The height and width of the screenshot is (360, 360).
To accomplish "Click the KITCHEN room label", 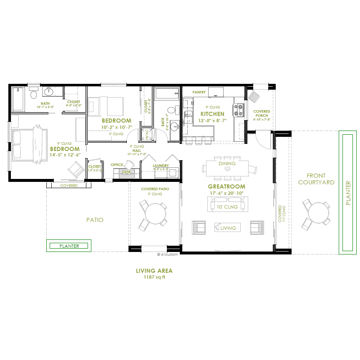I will (x=212, y=114).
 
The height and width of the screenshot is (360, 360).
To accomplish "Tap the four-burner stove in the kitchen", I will (x=239, y=109).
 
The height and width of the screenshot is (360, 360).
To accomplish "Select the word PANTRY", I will (x=199, y=92).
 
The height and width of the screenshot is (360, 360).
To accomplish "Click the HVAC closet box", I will (x=146, y=135).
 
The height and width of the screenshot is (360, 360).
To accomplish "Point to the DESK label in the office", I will (x=126, y=172).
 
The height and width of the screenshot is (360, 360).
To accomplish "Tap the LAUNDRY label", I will (x=161, y=166).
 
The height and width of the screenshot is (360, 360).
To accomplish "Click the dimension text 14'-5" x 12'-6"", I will (x=65, y=155).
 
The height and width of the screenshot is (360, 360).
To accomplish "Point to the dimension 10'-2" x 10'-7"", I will (x=116, y=127).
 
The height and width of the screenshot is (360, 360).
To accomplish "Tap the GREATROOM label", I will (x=227, y=186).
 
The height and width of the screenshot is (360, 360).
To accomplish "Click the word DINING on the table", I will (x=227, y=164).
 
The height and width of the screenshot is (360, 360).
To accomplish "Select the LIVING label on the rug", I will (x=228, y=228).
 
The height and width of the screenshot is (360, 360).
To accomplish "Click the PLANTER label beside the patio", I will (x=69, y=246).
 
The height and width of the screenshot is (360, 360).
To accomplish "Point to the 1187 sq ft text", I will (x=154, y=277).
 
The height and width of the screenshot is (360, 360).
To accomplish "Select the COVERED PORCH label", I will (x=262, y=113).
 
